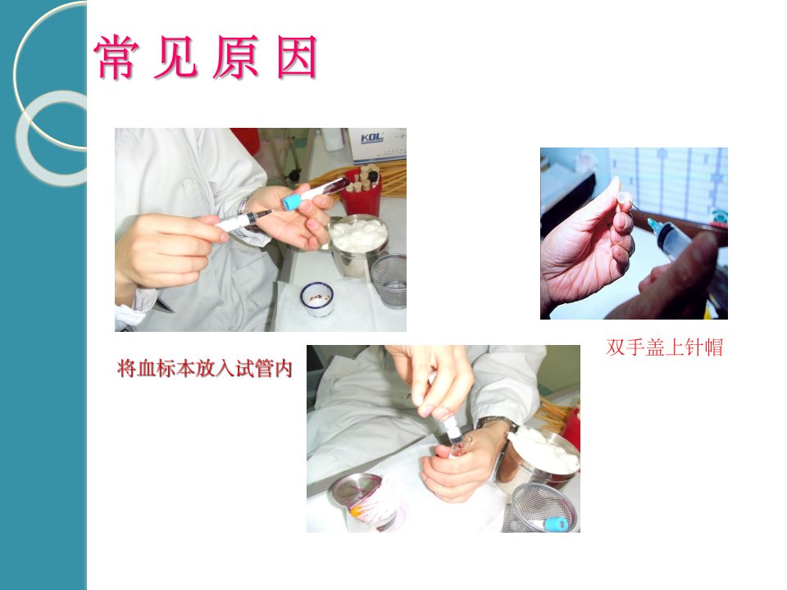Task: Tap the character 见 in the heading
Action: click(175, 57)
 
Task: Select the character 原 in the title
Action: click(236, 57)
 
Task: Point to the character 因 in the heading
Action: click(297, 57)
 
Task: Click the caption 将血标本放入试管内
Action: click(204, 369)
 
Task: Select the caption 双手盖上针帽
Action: click(665, 347)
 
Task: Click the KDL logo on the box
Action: click(372, 138)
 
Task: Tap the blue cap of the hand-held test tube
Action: click(291, 202)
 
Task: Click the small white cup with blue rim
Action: click(317, 299)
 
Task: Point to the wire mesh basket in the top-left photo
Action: click(389, 280)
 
